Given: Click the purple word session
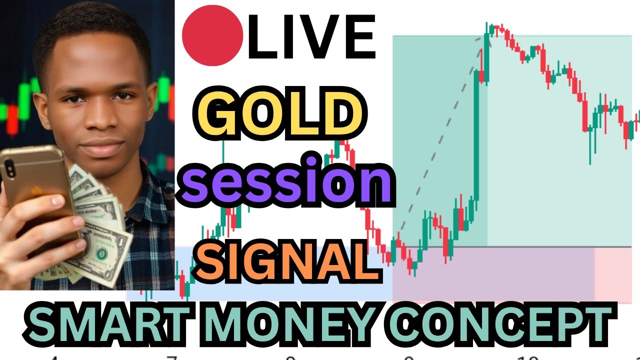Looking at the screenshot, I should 286,181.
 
